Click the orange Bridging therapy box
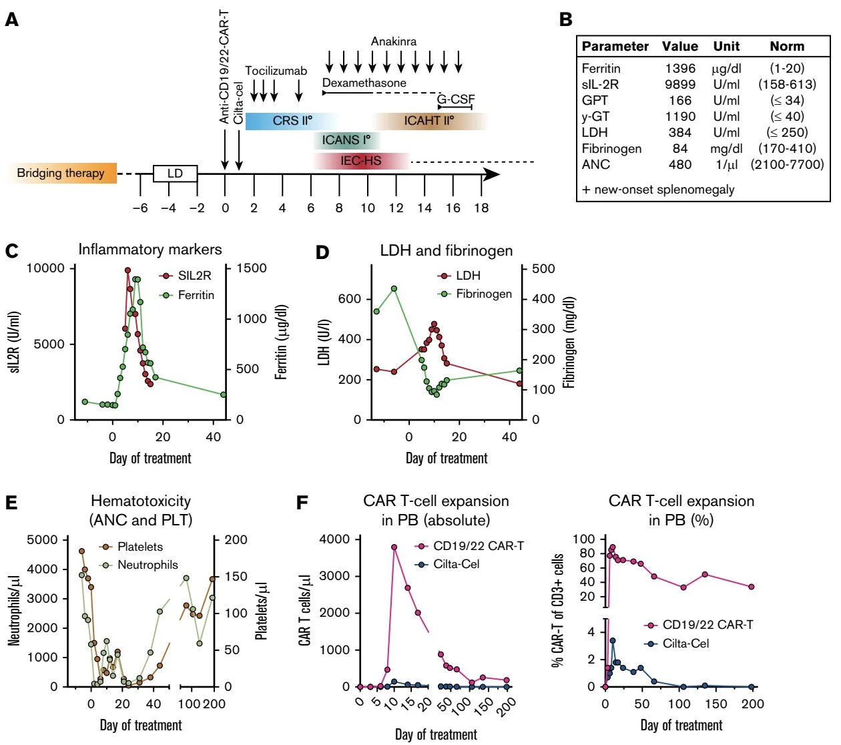(61, 174)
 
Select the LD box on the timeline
(175, 174)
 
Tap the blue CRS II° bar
(292, 121)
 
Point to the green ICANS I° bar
(346, 140)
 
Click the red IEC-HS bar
(361, 161)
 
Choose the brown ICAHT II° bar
(429, 121)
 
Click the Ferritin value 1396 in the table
(680, 68)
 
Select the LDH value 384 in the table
(680, 132)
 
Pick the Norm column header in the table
(787, 46)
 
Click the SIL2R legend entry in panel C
(194, 275)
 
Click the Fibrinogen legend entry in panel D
(483, 294)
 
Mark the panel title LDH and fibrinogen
(447, 250)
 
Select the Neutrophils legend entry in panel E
(148, 565)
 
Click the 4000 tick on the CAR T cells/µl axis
(334, 539)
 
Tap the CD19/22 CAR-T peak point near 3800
(394, 547)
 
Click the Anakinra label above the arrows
(394, 41)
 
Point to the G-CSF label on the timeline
(456, 99)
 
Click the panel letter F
(302, 502)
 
